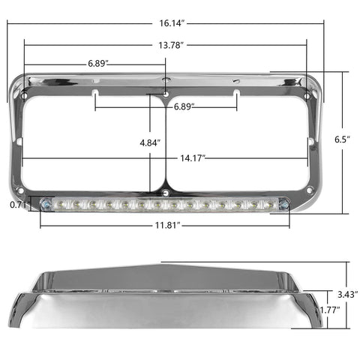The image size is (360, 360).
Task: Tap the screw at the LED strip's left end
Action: pos(47,204)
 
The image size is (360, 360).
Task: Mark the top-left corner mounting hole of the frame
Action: pos(27,96)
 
